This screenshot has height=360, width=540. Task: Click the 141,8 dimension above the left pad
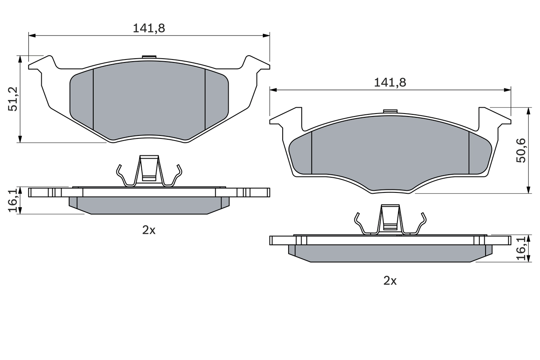[148, 28]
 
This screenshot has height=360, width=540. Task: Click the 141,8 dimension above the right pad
[390, 83]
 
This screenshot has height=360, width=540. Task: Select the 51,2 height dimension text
[13, 99]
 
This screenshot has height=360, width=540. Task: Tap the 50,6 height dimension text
[521, 151]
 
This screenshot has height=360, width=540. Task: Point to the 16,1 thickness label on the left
[13, 200]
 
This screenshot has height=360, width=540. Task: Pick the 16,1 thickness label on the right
[521, 249]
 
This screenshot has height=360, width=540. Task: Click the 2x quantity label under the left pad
[148, 230]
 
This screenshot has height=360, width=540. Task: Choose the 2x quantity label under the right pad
[390, 281]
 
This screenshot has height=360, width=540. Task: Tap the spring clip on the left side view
[149, 171]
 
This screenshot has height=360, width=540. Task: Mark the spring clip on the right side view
[390, 220]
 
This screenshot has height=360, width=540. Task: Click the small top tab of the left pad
[149, 57]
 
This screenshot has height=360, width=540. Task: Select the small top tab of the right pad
[390, 111]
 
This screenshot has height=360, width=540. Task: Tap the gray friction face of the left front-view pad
[148, 101]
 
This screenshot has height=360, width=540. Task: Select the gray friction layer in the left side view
[148, 205]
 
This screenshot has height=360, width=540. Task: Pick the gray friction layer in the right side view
[390, 253]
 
